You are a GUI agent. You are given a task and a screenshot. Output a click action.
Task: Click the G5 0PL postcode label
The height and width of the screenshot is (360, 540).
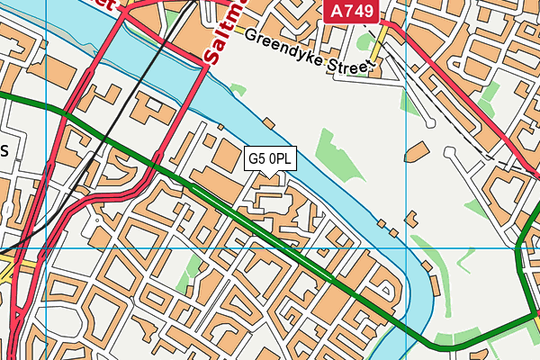[x=270, y=158]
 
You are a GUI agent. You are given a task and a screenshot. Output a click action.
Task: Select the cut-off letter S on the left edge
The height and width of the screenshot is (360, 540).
[x=4, y=151]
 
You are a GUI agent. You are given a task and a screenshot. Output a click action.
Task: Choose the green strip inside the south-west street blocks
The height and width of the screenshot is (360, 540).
[x=192, y=271]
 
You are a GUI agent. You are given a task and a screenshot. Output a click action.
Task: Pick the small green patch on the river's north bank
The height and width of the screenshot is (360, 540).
[x=238, y=90]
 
